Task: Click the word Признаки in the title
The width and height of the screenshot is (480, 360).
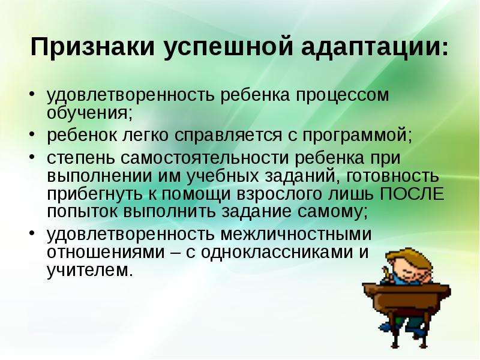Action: click(x=93, y=47)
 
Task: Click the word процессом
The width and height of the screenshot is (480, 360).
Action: click(x=342, y=96)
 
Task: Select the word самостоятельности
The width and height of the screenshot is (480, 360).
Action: click(x=205, y=158)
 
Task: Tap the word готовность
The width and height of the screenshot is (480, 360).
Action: click(x=393, y=176)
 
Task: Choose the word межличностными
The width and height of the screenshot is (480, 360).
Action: click(x=296, y=234)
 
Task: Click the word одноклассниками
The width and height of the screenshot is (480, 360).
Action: click(x=276, y=252)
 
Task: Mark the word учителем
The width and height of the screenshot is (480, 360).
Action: click(x=90, y=271)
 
